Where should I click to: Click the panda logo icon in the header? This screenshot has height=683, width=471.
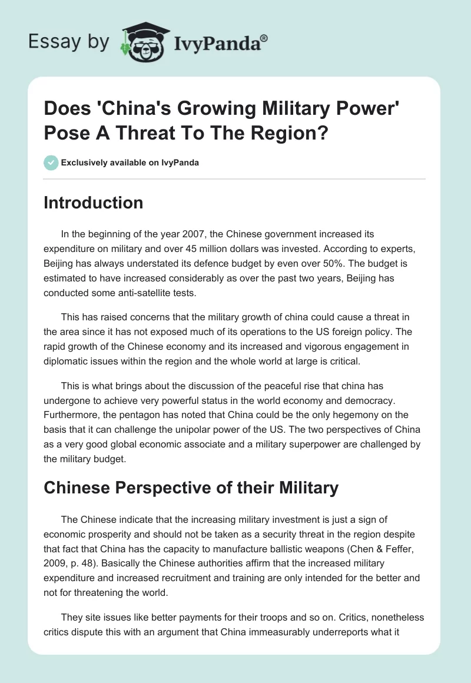[141, 42]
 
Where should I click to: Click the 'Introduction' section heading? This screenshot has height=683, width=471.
[94, 203]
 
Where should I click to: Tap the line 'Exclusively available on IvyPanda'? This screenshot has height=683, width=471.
[130, 163]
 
